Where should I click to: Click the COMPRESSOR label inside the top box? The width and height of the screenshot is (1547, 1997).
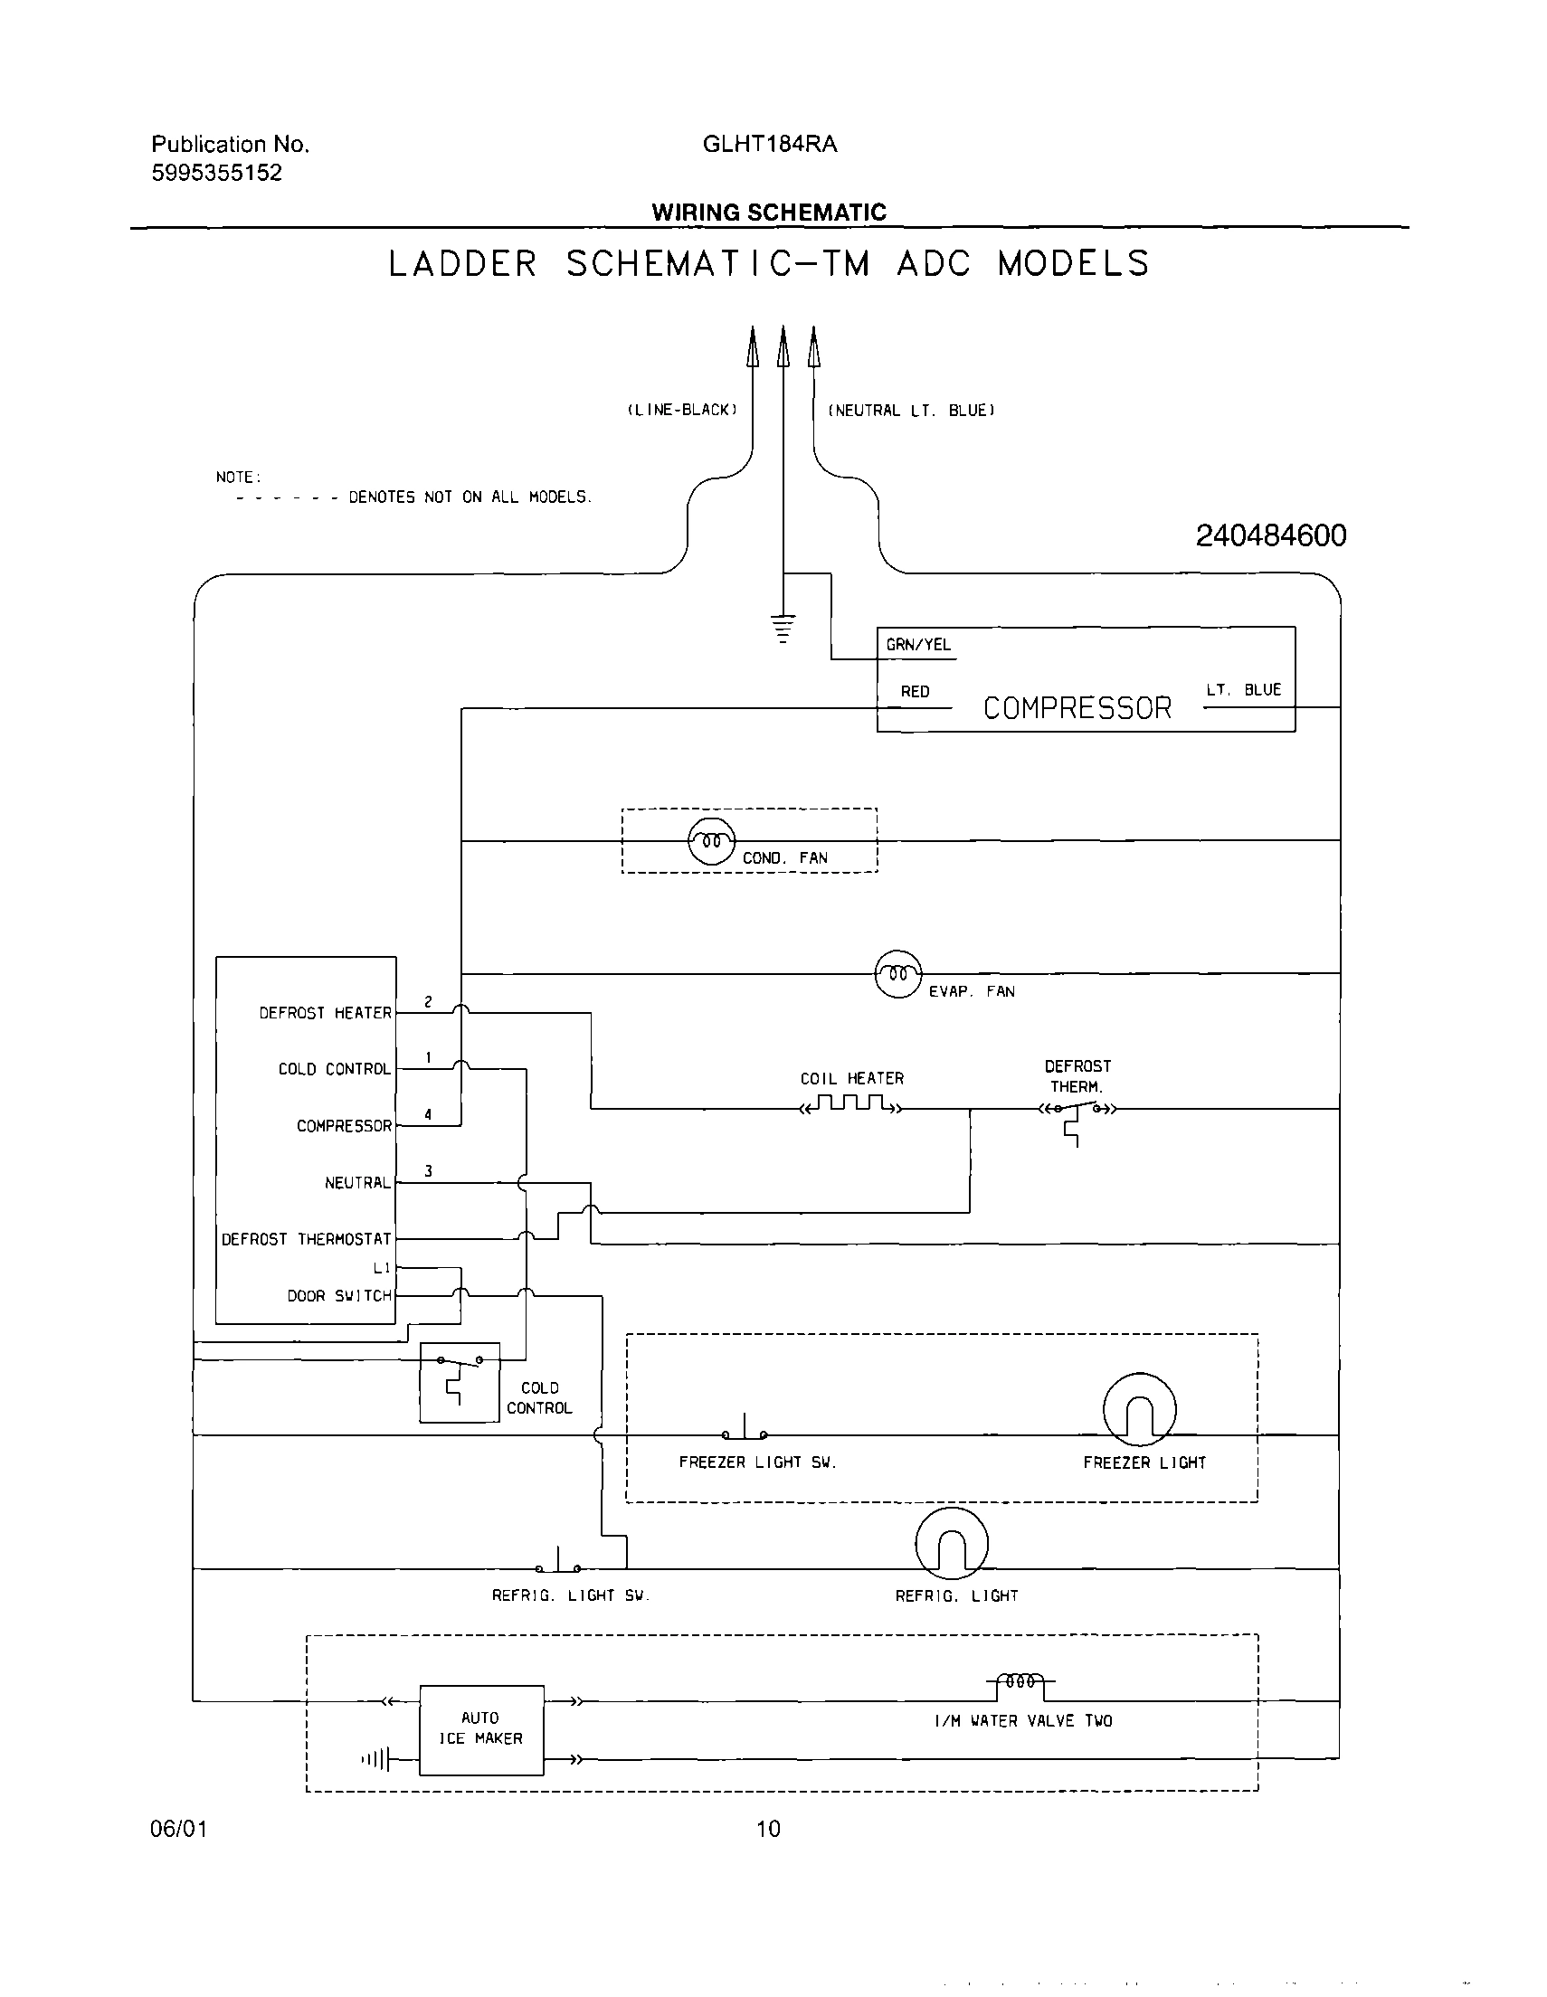[1077, 708]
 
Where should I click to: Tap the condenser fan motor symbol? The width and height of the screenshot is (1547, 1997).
[711, 840]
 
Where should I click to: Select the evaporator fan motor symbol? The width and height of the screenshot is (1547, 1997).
[898, 974]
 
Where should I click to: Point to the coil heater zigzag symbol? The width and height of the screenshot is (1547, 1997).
[850, 1104]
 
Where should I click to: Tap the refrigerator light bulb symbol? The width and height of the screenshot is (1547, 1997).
[952, 1544]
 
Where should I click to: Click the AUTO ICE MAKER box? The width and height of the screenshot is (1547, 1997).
[481, 1729]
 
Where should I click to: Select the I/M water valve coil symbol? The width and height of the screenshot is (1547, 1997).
[1020, 1681]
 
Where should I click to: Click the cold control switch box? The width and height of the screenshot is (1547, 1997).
[460, 1382]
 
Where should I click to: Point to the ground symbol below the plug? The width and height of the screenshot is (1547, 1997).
[783, 629]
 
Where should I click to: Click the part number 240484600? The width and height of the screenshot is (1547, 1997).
[1271, 535]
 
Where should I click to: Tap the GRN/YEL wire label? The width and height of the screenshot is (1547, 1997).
[917, 645]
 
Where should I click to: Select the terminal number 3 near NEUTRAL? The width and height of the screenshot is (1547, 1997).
[428, 1171]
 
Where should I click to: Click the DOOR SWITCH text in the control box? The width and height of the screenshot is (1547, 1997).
[338, 1296]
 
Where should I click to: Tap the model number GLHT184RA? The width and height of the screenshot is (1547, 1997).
[769, 145]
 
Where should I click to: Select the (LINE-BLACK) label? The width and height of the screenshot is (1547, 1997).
[681, 411]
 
